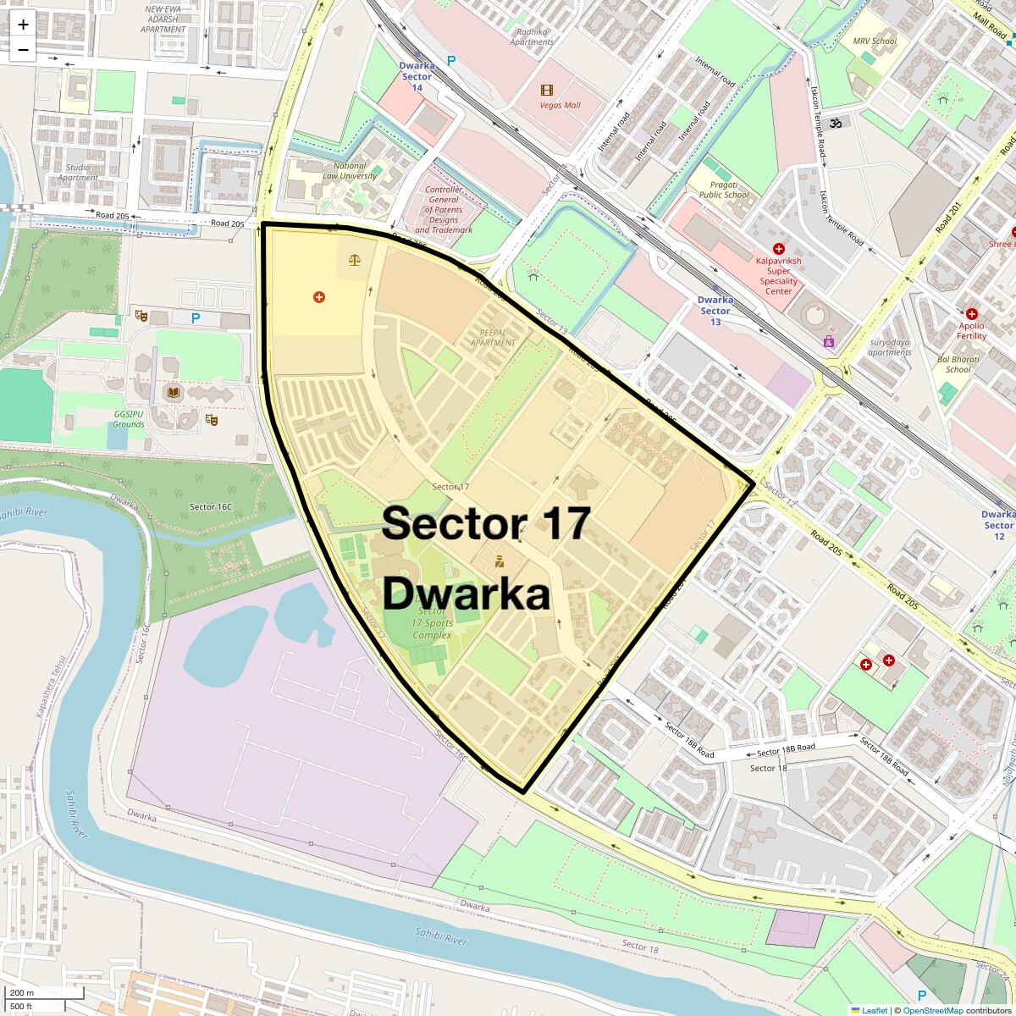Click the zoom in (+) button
click(x=23, y=25)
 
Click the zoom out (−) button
click(x=23, y=50)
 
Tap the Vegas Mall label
click(x=560, y=106)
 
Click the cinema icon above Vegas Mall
click(x=547, y=90)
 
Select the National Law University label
click(x=350, y=171)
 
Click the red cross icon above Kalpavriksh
click(x=779, y=249)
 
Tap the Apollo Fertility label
click(x=971, y=330)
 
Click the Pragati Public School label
click(x=724, y=190)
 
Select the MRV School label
click(x=875, y=41)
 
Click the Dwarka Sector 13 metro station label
click(x=715, y=311)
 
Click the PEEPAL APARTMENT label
click(x=493, y=338)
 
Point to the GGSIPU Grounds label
click(x=129, y=419)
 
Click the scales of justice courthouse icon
click(x=354, y=259)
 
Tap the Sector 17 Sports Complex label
click(x=432, y=622)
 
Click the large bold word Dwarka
click(x=467, y=594)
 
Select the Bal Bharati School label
click(x=958, y=364)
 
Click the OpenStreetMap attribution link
click(x=932, y=1010)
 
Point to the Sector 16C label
click(x=210, y=507)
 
